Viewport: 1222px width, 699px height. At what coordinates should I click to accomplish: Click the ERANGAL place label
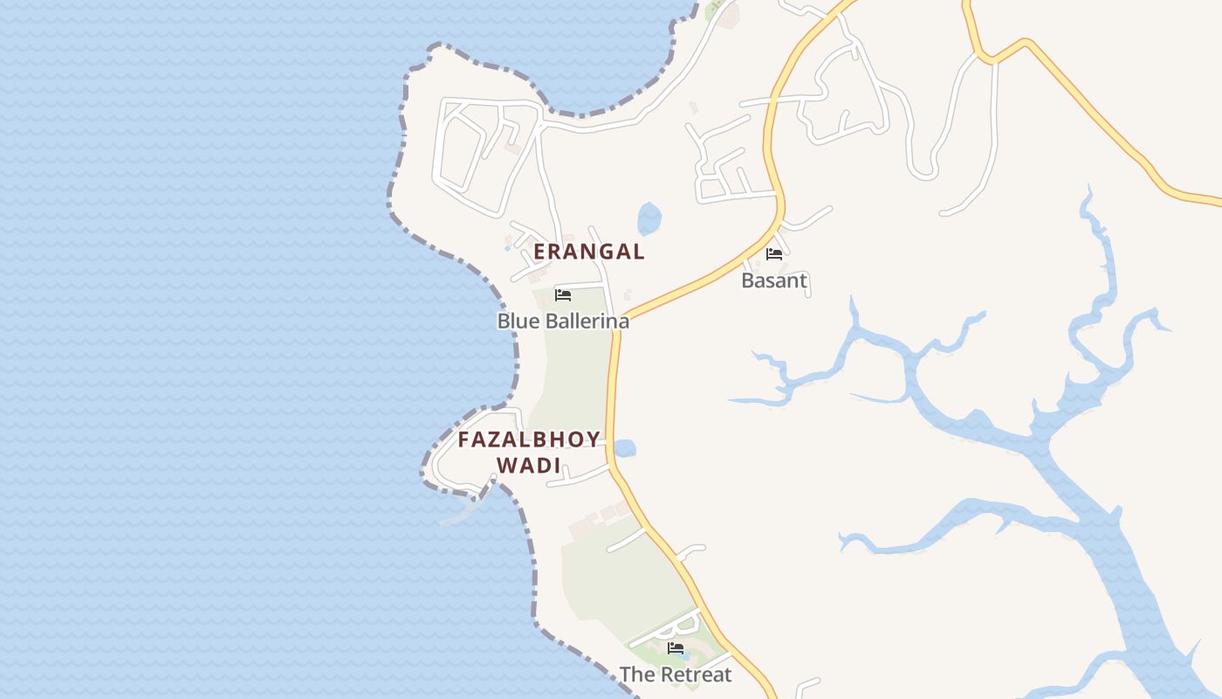589,252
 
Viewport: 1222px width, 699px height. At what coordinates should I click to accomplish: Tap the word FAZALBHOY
529,439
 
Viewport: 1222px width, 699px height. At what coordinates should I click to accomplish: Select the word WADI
529,466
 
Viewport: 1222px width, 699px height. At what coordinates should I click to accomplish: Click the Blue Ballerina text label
563,321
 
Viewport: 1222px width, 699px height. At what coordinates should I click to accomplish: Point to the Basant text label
774,280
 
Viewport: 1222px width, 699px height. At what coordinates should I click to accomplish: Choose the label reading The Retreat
676,675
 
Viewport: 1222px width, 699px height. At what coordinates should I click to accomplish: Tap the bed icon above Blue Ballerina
563,295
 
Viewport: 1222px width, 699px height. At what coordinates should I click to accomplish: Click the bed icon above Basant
773,254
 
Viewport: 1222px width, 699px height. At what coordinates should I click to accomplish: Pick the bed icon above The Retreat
676,648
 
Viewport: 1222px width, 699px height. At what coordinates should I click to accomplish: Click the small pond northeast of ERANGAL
649,218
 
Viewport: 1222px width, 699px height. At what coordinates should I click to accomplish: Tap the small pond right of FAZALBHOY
624,448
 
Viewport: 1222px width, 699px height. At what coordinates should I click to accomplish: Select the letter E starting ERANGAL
540,252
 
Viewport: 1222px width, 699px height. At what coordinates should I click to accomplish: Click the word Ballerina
582,321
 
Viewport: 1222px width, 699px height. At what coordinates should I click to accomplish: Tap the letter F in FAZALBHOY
464,439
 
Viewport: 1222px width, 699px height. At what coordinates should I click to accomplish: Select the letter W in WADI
507,466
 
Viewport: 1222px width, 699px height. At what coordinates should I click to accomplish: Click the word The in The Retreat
635,675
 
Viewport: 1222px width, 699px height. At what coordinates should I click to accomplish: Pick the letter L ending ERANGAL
638,252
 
